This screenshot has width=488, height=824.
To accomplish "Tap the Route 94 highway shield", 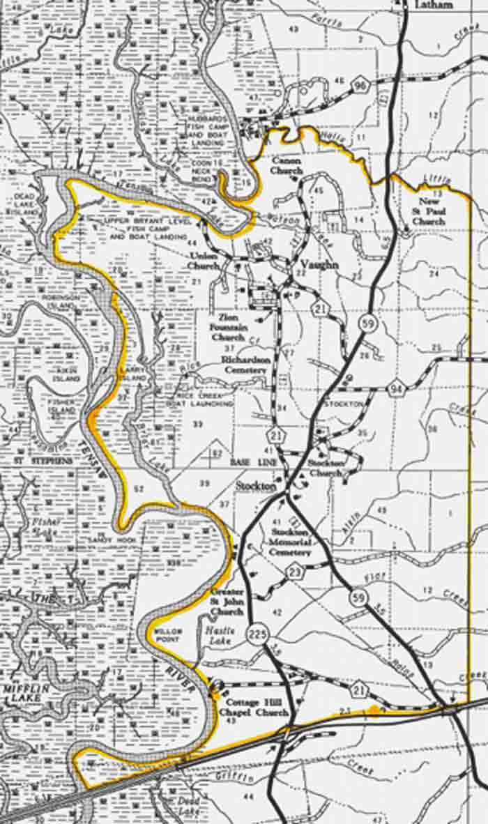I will pyautogui.click(x=396, y=388).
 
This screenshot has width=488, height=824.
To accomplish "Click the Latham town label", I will pyautogui.click(x=434, y=5).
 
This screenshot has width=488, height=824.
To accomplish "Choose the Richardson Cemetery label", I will pyautogui.click(x=244, y=365).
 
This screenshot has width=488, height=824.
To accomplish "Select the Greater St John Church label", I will pyautogui.click(x=227, y=602).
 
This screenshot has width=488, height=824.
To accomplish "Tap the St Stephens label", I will pyautogui.click(x=43, y=461).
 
